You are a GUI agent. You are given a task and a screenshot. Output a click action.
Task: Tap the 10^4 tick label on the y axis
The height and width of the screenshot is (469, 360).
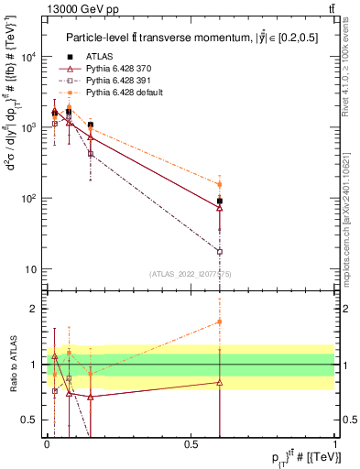click(28, 57)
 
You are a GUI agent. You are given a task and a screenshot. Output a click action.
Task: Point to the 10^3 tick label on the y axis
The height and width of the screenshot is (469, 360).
click(28, 127)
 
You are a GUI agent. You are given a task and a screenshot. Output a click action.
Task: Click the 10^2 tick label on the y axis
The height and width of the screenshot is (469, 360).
click(28, 199)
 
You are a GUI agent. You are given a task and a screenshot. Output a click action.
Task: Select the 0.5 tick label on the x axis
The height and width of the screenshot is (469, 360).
click(190, 444)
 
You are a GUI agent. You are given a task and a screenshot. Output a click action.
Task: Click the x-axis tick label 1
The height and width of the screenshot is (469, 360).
click(334, 444)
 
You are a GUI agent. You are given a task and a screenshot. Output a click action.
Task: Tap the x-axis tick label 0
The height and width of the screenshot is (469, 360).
click(46, 444)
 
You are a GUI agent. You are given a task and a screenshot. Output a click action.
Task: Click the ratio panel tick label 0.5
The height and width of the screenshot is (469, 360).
click(32, 420)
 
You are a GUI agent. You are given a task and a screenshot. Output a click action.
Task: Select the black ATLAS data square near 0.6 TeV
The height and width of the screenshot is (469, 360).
click(220, 201)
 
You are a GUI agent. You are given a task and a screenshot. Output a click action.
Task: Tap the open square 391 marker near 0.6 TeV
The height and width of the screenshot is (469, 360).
click(220, 251)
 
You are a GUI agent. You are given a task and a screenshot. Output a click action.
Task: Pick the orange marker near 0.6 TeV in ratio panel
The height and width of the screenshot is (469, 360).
click(220, 322)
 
